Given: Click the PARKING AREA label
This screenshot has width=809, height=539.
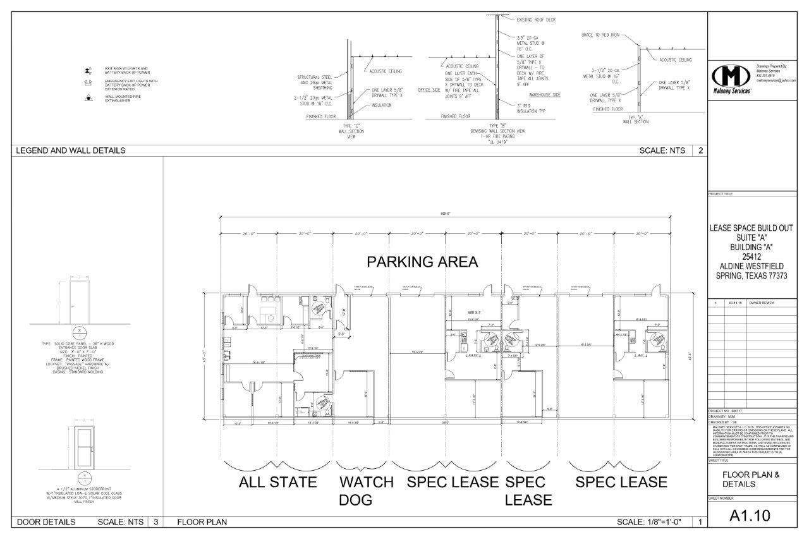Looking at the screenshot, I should pos(423,262).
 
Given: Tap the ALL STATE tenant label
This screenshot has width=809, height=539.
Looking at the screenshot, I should pos(277,482).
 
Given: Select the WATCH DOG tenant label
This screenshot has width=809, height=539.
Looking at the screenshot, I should pos(366,491).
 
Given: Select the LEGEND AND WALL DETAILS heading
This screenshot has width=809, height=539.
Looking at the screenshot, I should pos(70,150).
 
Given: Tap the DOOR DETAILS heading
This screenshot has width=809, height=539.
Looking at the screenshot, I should pos(46,522).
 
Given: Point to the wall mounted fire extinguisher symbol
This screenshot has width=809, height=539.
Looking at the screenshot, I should pos(89,98).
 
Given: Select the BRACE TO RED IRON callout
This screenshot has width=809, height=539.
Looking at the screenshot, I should pos(600,35).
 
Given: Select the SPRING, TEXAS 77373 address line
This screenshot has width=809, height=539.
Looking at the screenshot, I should pos(751,276).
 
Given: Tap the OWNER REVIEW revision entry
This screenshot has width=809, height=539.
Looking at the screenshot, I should pos(762,303).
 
